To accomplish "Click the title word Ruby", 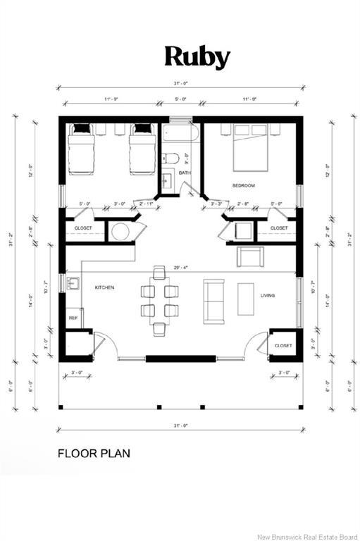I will click(x=197, y=57).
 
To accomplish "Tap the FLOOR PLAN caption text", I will click(x=93, y=454).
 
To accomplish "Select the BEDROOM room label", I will click(x=243, y=185).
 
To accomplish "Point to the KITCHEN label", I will click(x=104, y=287).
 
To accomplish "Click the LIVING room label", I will click(x=267, y=296).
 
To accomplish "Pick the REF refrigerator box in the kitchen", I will click(x=73, y=318).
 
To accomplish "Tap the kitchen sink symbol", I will click(x=73, y=285).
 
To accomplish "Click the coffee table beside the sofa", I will click(x=246, y=299).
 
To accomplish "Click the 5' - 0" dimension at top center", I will click(x=180, y=99).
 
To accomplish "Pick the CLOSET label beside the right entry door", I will click(x=284, y=346).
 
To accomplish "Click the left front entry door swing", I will click(x=103, y=345).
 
